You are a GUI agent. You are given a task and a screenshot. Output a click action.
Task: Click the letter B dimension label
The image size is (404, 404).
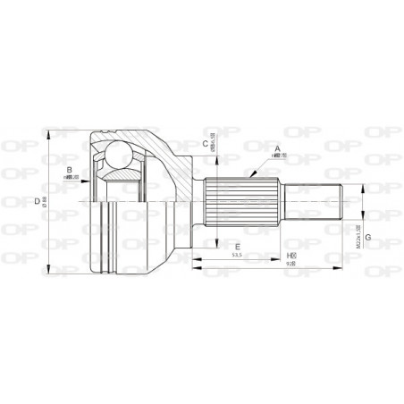coord(69,167)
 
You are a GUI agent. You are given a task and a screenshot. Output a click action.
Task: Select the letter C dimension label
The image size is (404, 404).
coord(205,143)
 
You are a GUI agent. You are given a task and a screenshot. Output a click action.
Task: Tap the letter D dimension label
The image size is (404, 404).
coord(37,202)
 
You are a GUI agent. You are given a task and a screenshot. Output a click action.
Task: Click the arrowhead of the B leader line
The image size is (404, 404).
coord(92,176)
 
